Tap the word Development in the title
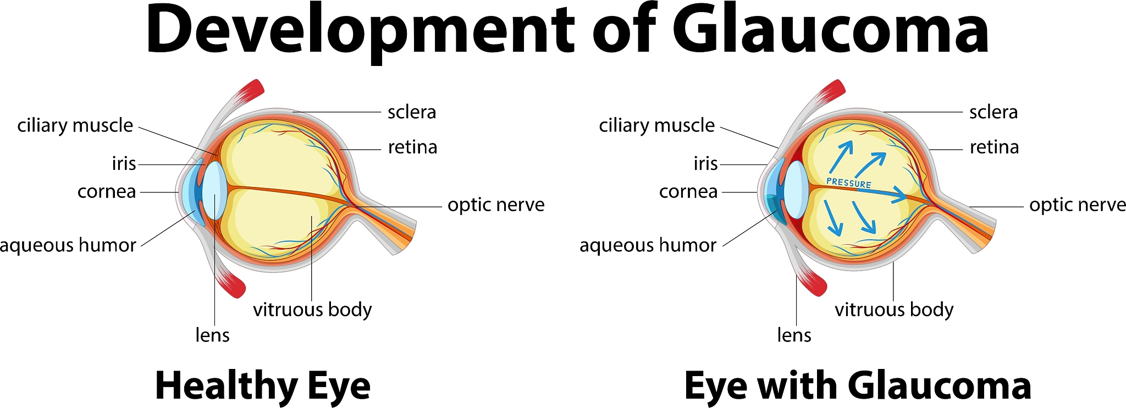[360, 30]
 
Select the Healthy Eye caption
[263, 386]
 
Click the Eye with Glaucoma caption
[858, 386]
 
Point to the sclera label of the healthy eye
[411, 112]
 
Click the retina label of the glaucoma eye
[994, 147]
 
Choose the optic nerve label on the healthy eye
[496, 205]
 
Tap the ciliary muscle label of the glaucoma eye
[656, 126]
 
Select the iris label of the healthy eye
[124, 164]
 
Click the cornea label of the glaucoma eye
[688, 192]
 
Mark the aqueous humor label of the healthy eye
[68, 245]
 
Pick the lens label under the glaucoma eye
[794, 335]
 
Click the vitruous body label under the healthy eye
[312, 310]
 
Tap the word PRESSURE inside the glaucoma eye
[849, 183]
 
